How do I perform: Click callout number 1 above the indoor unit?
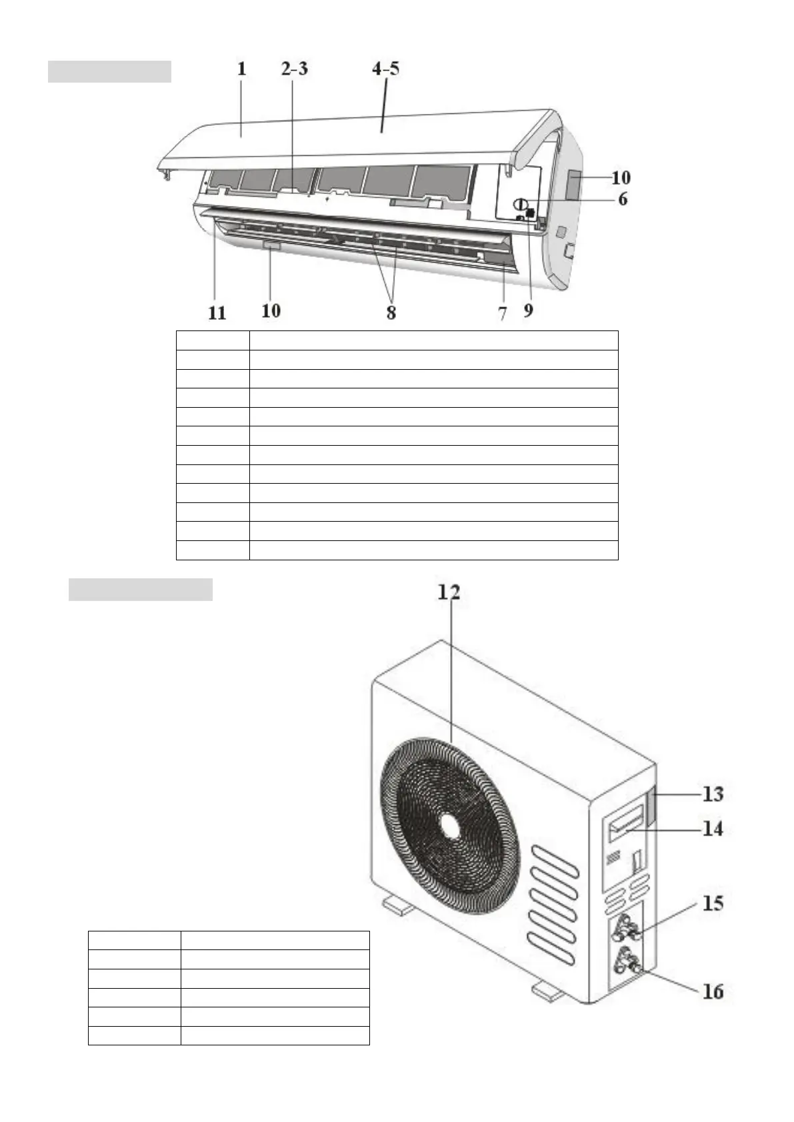pyautogui.click(x=241, y=69)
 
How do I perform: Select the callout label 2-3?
pyautogui.click(x=294, y=69)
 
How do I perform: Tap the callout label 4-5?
pyautogui.click(x=385, y=69)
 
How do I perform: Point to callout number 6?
pyautogui.click(x=622, y=199)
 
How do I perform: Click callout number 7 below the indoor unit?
pyautogui.click(x=502, y=312)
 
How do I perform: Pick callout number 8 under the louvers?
pyautogui.click(x=391, y=311)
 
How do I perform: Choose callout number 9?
pyautogui.click(x=528, y=310)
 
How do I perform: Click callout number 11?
pyautogui.click(x=217, y=312)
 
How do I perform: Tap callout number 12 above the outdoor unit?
pyautogui.click(x=448, y=592)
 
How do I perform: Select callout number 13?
pyautogui.click(x=713, y=794)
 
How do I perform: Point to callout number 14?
pyautogui.click(x=713, y=829)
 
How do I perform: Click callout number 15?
pyautogui.click(x=713, y=903)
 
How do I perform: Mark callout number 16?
pyautogui.click(x=713, y=991)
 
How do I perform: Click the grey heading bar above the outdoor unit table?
pyautogui.click(x=140, y=590)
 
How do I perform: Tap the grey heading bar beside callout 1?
pyautogui.click(x=109, y=71)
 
